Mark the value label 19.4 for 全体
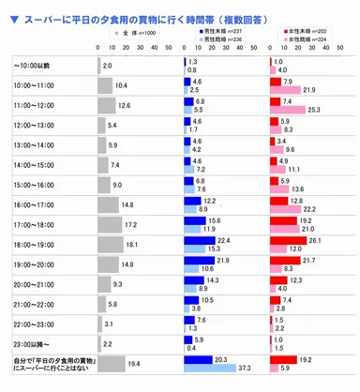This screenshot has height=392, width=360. pyautogui.click(x=147, y=364)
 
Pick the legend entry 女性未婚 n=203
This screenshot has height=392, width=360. pyautogui.click(x=298, y=31)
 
